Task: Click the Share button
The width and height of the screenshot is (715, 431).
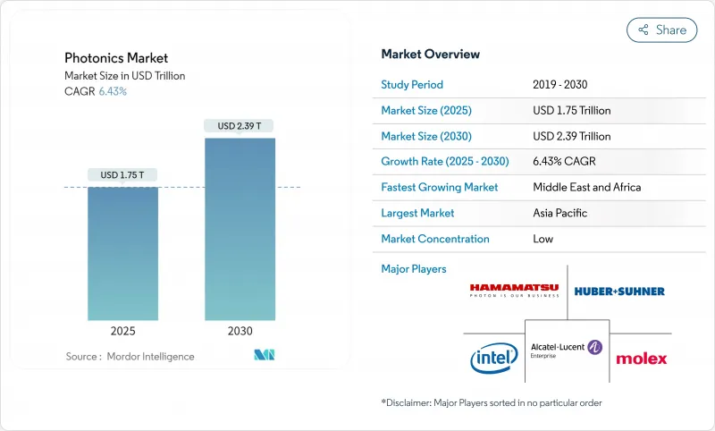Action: [x=661, y=30]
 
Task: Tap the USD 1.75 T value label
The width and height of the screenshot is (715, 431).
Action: [x=122, y=174]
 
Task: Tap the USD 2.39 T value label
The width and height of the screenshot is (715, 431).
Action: [x=240, y=126]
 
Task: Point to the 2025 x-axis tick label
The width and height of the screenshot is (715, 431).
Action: [x=122, y=330]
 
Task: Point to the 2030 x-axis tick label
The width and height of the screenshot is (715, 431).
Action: [x=240, y=330]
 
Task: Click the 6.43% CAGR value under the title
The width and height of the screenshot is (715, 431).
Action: [x=112, y=91]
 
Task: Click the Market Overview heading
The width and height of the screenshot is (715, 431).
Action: [x=430, y=55]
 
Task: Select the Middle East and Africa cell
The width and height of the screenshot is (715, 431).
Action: [x=586, y=188]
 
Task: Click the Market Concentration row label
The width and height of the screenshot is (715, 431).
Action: [x=435, y=239]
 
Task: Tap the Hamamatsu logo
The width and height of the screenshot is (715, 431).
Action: [x=514, y=290]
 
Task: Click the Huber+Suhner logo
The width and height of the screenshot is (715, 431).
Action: [x=619, y=291]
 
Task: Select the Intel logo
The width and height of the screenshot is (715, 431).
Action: [x=493, y=358]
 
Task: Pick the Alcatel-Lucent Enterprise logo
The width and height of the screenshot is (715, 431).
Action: [x=567, y=349]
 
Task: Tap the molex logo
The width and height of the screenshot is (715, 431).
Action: [x=641, y=359]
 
